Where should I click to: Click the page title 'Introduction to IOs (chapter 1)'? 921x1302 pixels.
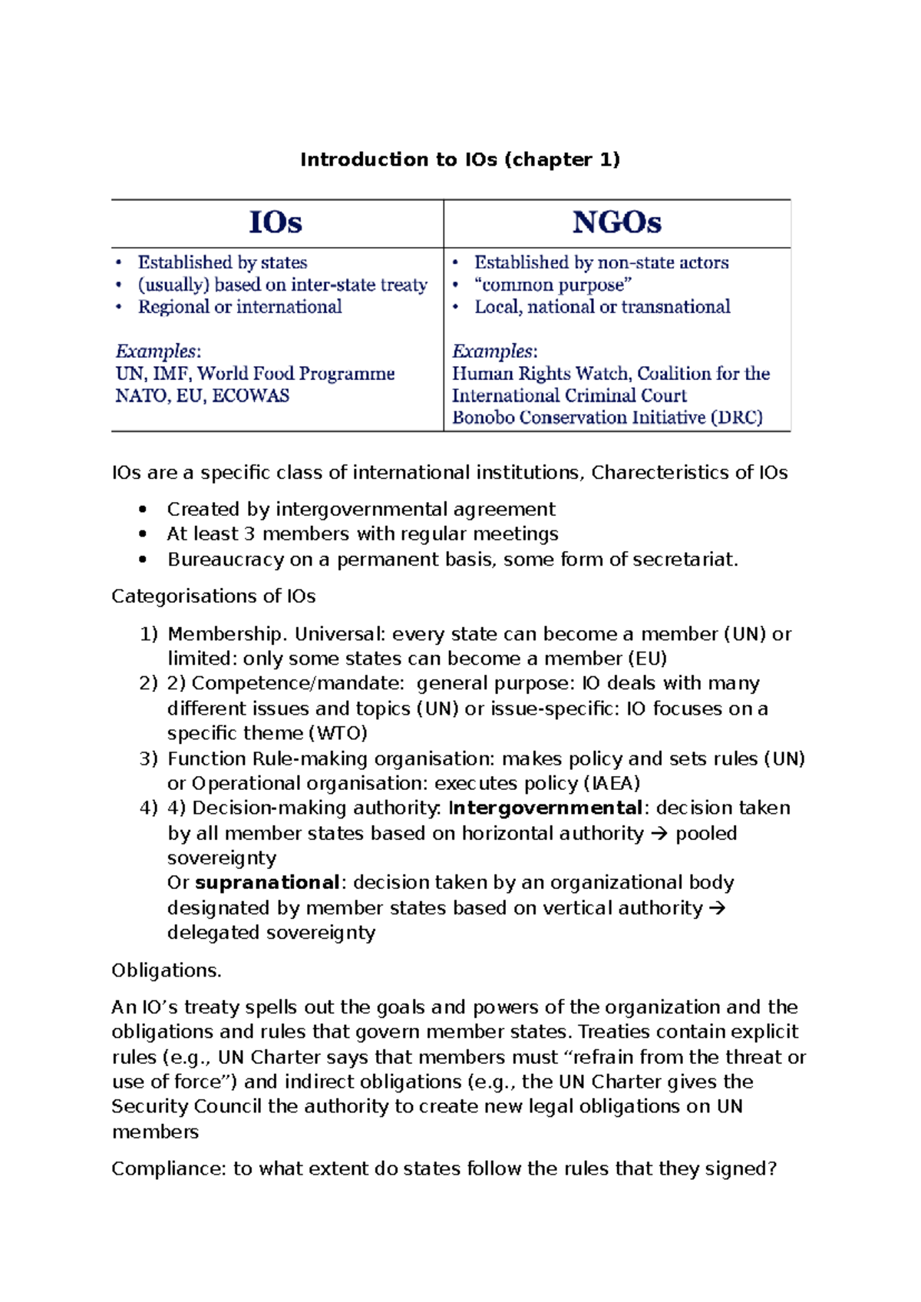coord(460,160)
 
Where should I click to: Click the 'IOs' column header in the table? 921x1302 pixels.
coord(276,223)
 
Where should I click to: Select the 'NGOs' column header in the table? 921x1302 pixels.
coord(616,223)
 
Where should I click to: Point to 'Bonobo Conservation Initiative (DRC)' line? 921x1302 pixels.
coord(607,418)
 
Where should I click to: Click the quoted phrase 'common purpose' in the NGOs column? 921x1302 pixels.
coord(553,285)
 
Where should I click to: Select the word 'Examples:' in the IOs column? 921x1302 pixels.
coord(158,352)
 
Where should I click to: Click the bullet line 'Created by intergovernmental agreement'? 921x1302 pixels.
coord(361,510)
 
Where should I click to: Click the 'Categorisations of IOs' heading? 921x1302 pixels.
coord(213,596)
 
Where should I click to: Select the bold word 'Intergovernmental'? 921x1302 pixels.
coord(545,808)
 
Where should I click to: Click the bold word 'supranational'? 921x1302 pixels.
coord(267,883)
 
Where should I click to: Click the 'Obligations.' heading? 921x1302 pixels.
coord(167,970)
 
